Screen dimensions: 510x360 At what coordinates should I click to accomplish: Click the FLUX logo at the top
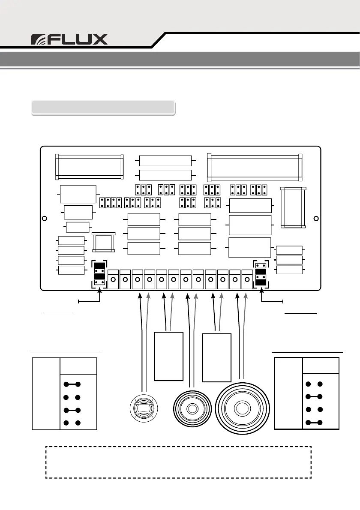[69, 39]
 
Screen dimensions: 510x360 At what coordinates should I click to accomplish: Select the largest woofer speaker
[243, 407]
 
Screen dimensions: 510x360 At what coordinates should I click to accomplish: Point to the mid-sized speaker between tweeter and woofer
[192, 409]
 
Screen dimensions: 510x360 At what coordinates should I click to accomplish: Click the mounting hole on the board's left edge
[44, 219]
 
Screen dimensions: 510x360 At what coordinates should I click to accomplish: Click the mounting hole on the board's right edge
[316, 219]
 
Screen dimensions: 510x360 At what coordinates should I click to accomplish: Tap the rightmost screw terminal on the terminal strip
[247, 280]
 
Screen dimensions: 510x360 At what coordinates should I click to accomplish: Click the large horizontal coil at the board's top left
[90, 167]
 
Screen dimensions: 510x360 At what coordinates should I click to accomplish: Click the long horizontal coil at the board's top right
[255, 167]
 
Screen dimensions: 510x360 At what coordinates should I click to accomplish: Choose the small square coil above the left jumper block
[104, 243]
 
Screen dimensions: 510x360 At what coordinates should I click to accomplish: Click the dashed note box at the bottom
[178, 462]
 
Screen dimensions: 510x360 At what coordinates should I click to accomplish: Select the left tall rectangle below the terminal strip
[168, 356]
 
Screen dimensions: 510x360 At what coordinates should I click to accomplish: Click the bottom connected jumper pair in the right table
[314, 423]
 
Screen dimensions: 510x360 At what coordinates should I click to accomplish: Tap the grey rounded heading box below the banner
[103, 108]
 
